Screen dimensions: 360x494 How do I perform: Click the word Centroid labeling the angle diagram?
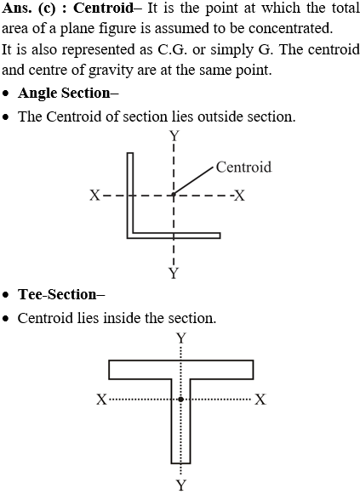243,167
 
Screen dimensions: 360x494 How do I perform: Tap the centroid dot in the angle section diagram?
174,196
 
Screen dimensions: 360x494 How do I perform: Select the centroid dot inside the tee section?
180,399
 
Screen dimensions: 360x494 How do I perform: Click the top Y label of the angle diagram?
174,136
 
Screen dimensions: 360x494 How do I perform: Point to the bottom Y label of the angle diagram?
174,273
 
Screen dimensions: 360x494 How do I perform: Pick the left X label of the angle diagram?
94,196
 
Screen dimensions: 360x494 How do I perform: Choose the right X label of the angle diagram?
240,196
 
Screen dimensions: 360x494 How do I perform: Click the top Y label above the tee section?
181,338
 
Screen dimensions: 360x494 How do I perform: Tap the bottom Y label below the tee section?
181,485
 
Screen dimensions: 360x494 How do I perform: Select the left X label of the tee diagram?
101,400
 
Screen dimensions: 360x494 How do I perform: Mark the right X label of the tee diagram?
260,400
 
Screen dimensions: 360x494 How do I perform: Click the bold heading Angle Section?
68,94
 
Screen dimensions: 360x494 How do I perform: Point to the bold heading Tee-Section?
61,294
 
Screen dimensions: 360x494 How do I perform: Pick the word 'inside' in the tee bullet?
123,318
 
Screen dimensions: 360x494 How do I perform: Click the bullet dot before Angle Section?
5,94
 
